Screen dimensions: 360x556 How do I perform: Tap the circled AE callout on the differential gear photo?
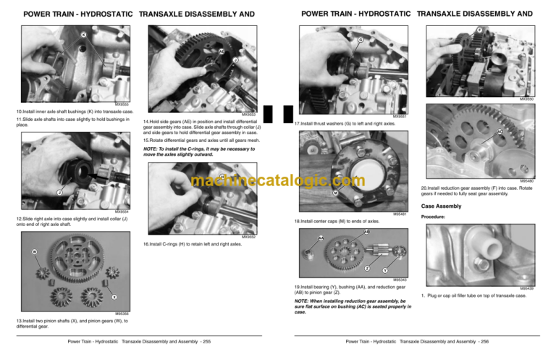pos(221,51)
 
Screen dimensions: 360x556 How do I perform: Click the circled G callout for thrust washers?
pos(361,39)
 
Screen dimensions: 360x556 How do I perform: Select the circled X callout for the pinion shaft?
pos(114,296)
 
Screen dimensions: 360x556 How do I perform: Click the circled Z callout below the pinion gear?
pos(368,268)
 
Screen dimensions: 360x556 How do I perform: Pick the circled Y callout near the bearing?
pos(385,272)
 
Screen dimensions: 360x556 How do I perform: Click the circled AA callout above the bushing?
pos(321,238)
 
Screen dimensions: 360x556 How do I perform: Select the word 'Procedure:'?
pos(433,217)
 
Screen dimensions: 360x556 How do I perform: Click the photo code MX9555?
pos(122,104)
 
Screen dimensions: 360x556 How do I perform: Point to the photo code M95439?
pos(526,288)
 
